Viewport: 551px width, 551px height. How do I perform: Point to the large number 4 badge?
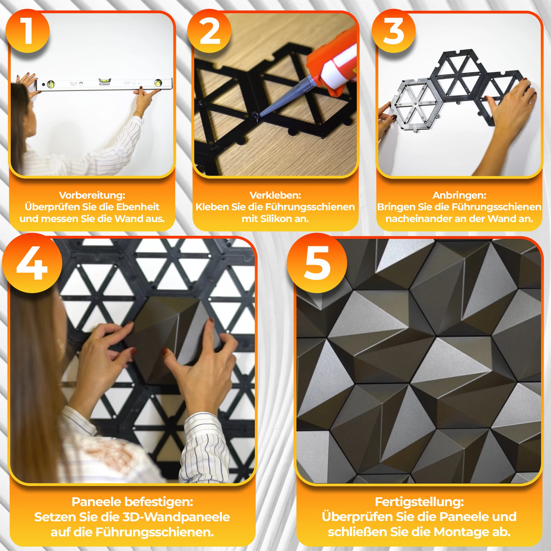(x=32, y=263)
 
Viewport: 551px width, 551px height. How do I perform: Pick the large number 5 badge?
(x=317, y=263)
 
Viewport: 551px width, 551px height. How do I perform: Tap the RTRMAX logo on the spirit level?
(x=105, y=84)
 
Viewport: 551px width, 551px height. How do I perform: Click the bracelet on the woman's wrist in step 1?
(x=138, y=114)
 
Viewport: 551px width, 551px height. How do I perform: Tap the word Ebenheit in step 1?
(x=138, y=207)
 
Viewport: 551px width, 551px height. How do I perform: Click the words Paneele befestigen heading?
(x=132, y=502)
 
